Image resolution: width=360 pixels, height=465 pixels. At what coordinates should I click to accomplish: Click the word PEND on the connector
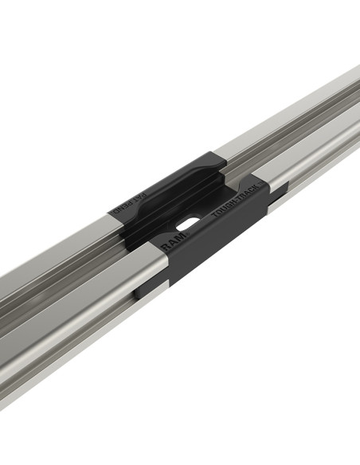[119, 208]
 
